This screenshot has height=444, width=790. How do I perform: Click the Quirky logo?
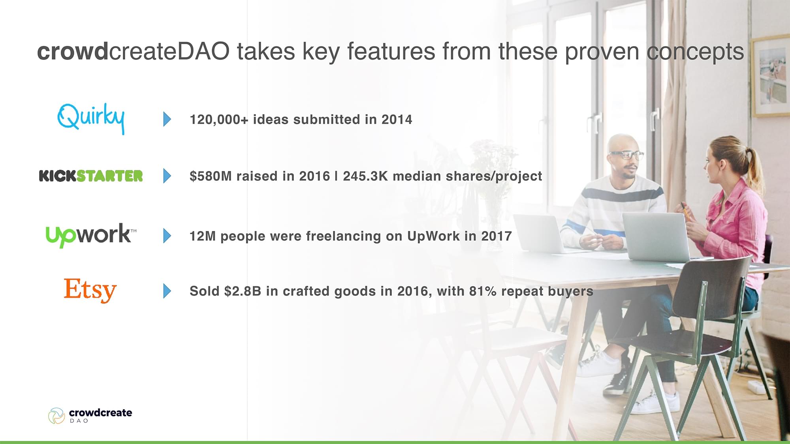(x=91, y=118)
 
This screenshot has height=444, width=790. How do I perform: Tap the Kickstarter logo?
(x=91, y=176)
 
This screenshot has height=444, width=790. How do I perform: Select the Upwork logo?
(x=91, y=236)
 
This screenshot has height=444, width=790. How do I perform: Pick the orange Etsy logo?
(x=90, y=290)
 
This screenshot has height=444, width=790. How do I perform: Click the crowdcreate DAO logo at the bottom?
(x=90, y=416)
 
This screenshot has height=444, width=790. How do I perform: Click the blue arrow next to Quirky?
(x=167, y=119)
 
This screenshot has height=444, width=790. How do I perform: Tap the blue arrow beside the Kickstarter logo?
(x=167, y=176)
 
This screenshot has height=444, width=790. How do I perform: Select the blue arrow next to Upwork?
(x=167, y=236)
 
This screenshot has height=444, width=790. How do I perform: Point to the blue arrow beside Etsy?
(x=167, y=291)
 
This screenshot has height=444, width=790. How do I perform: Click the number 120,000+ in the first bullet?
(x=219, y=120)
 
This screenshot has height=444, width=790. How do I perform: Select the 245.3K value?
(x=365, y=176)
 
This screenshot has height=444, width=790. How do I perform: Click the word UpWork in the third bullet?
(x=433, y=236)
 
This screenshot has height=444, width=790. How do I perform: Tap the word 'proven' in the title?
(x=602, y=52)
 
